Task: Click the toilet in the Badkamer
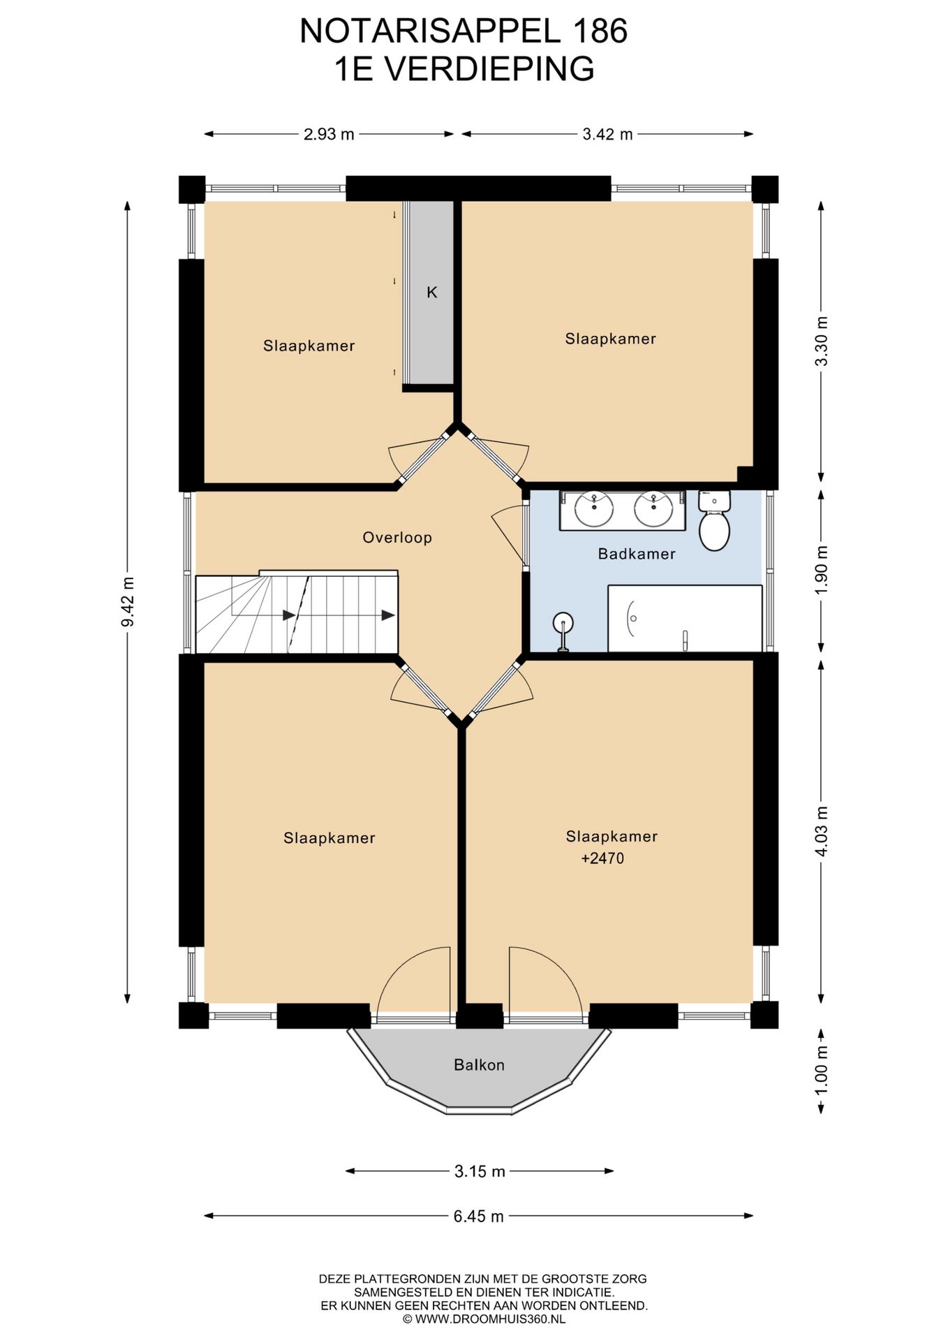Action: click(x=714, y=520)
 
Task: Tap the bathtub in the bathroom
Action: click(x=685, y=619)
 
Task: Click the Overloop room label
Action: click(x=397, y=538)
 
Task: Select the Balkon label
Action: click(x=479, y=1065)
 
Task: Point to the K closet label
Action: click(x=432, y=293)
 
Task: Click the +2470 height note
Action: click(x=602, y=858)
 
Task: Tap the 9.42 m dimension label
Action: click(x=127, y=602)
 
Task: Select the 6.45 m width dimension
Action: click(x=479, y=1216)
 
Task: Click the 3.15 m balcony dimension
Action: click(x=480, y=1171)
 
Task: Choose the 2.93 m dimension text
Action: click(x=329, y=134)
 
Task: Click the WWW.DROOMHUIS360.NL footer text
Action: click(x=490, y=1319)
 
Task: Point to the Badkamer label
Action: click(x=637, y=555)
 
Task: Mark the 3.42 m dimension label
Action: click(x=607, y=134)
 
